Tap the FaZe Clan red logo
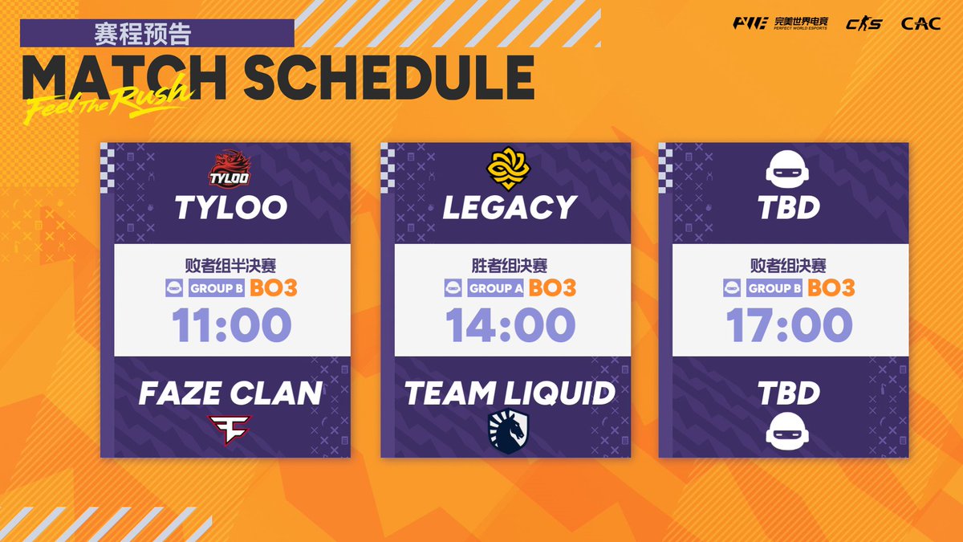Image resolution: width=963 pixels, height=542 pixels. pyautogui.click(x=230, y=430)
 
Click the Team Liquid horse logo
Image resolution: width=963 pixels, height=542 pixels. pyautogui.click(x=509, y=431)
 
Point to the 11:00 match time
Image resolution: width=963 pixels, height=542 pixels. pyautogui.click(x=232, y=325)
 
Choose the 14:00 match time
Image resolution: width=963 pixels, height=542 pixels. pyautogui.click(x=510, y=325)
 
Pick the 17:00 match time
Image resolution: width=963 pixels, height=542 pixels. pyautogui.click(x=789, y=325)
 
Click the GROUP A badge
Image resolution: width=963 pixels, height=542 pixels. pyautogui.click(x=495, y=288)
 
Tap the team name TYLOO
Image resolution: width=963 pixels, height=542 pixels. pyautogui.click(x=230, y=207)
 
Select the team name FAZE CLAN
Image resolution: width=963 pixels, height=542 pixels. pyautogui.click(x=230, y=393)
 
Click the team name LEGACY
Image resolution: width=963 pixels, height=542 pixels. pyautogui.click(x=510, y=207)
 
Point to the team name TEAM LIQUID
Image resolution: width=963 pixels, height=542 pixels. pyautogui.click(x=510, y=393)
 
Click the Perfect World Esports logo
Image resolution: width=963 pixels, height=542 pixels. pyautogui.click(x=779, y=23)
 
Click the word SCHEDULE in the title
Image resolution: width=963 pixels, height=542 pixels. pyautogui.click(x=388, y=78)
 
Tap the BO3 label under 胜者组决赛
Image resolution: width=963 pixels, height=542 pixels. pyautogui.click(x=552, y=288)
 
